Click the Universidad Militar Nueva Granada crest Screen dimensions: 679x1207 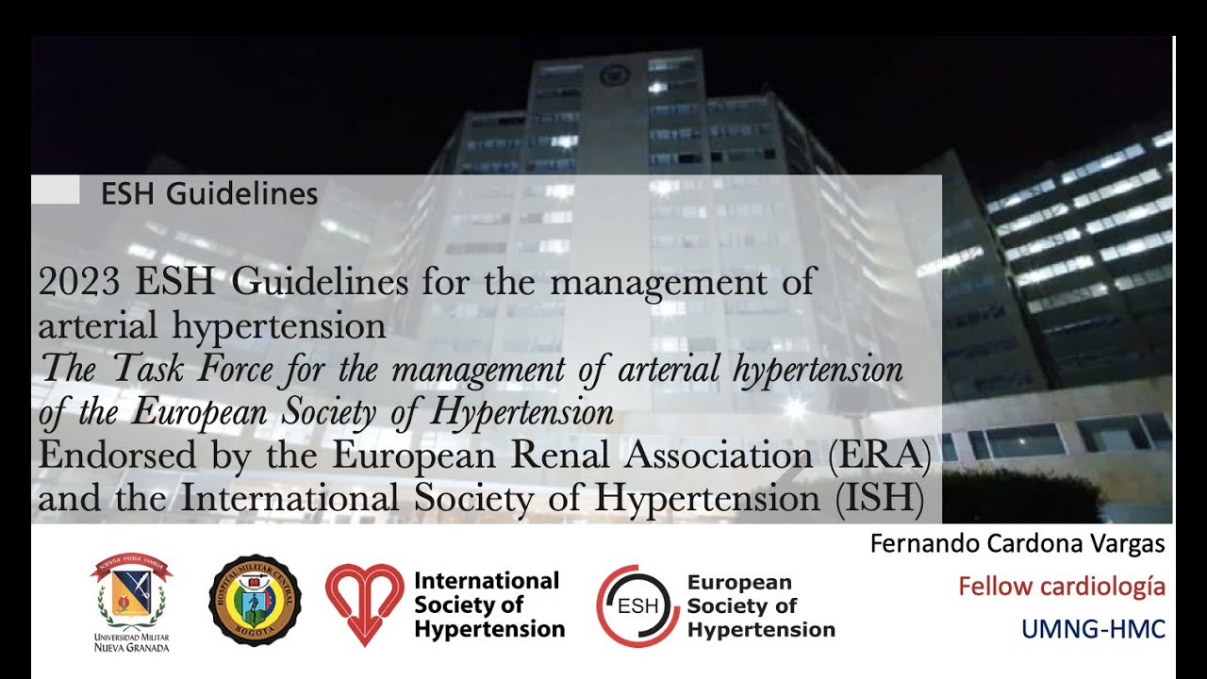(x=131, y=592)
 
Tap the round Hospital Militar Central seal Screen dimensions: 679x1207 (x=255, y=600)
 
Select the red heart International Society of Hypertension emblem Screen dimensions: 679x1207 (x=364, y=602)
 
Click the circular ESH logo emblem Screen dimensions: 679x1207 (x=637, y=605)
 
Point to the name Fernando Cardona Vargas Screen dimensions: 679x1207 (x=1017, y=544)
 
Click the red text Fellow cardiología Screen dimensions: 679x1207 (x=1061, y=587)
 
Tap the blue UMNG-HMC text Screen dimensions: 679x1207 (x=1093, y=629)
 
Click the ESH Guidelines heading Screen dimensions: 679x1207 (x=209, y=194)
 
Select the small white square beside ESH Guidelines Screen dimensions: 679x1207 (x=56, y=190)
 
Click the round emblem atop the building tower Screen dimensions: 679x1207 (x=614, y=75)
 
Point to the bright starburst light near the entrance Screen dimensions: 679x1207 (x=794, y=407)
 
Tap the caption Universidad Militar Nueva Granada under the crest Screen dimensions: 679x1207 (x=131, y=642)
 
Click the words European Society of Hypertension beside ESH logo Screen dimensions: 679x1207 (x=760, y=606)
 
